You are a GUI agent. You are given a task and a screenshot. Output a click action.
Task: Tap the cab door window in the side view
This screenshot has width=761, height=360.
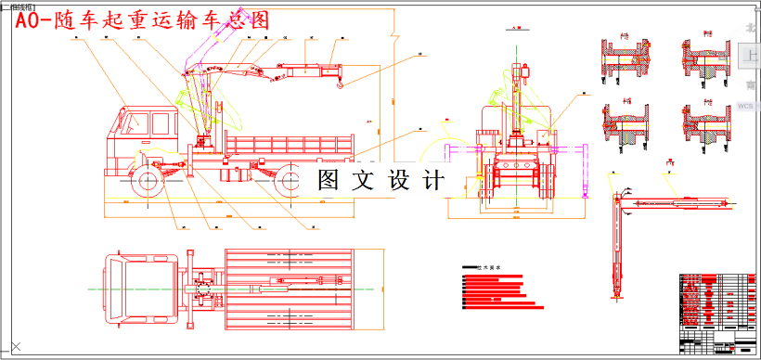click(137, 121)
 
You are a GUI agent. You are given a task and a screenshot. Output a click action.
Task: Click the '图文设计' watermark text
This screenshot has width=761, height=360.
click(380, 179)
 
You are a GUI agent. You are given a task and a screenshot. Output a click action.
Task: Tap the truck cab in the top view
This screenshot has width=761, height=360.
click(139, 288)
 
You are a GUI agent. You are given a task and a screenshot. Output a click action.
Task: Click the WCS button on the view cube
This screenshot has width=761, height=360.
click(746, 107)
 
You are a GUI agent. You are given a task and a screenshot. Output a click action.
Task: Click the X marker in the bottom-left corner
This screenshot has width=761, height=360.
click(15, 348)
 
